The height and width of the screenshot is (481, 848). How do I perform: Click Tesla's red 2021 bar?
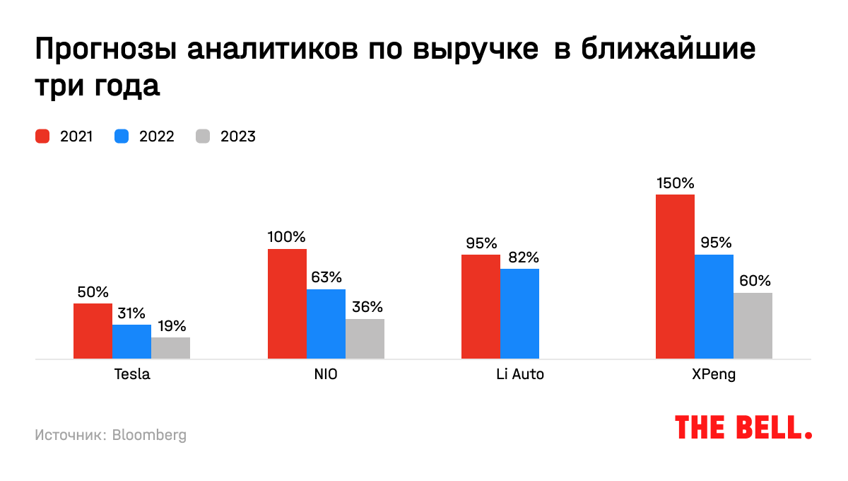pos(93,331)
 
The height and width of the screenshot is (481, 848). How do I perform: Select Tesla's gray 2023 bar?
pos(170,348)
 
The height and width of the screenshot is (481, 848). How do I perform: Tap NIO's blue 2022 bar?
pos(326,324)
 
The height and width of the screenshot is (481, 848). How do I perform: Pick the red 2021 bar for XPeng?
pos(675,277)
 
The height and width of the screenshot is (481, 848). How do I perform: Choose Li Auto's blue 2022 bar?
pos(519,313)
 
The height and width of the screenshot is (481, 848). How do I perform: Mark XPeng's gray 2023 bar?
pos(753,325)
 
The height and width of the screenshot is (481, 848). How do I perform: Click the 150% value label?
pos(675,183)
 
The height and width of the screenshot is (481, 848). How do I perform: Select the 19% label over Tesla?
pos(170,326)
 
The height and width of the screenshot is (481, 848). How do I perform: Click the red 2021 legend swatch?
pos(42,137)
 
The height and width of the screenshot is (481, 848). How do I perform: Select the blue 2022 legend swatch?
pos(122,137)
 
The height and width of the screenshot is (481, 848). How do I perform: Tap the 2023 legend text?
pos(238,137)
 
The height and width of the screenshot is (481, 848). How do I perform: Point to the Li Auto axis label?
pos(520,375)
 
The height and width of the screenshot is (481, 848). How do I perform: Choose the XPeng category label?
pos(714,375)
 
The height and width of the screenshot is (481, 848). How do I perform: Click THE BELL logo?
pos(743,427)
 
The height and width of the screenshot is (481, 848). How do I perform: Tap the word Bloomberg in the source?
pos(149,435)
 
